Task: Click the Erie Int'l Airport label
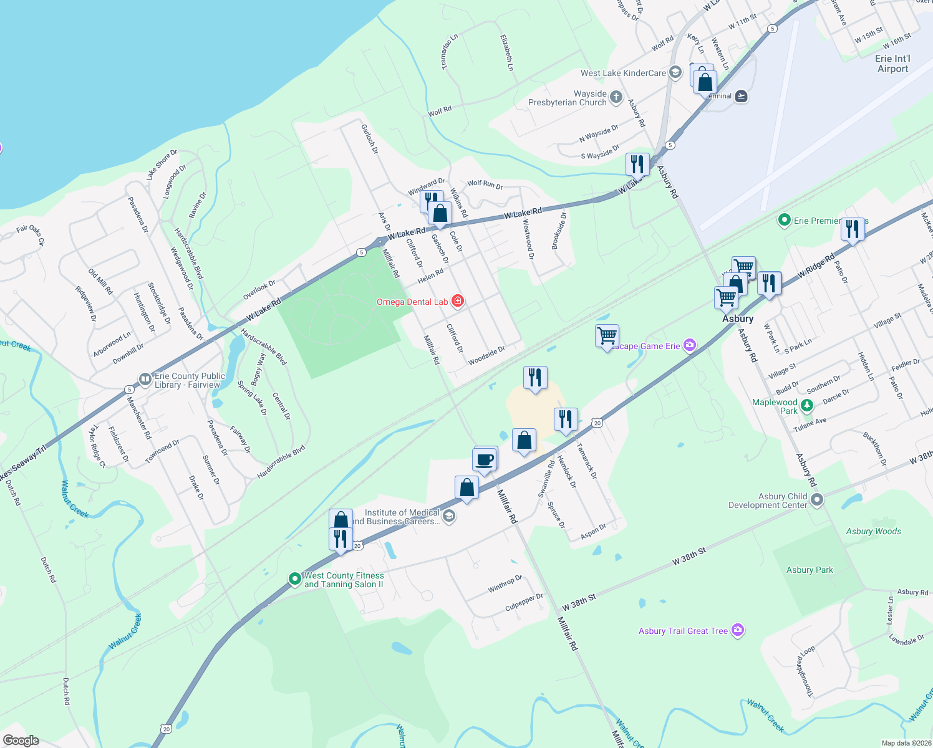coord(892,64)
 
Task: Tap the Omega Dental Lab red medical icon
coord(458,302)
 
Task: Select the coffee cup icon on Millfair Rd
coord(485,461)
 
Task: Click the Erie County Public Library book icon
coord(145,379)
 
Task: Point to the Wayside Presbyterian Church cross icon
coord(616,97)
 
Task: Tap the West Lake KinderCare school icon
coord(675,73)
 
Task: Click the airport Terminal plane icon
coord(741,96)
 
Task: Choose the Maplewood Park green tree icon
coord(807,406)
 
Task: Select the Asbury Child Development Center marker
coord(817,500)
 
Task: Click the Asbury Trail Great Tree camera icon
coord(738,631)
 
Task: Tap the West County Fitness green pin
coord(295,579)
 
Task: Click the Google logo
coord(21,741)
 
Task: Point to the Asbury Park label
coord(810,570)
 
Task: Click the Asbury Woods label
coord(873,531)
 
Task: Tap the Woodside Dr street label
coord(486,355)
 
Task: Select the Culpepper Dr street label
coord(524,602)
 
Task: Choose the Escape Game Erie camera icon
coord(689,345)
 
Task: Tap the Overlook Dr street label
coord(259,290)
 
